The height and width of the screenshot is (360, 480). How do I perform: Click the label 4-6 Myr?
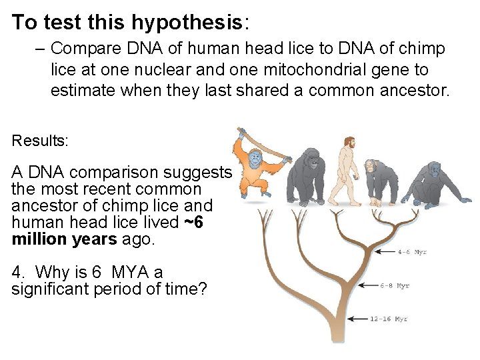click(x=412, y=252)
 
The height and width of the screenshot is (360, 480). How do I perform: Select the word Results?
click(x=38, y=141)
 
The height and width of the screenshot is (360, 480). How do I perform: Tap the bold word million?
click(x=40, y=239)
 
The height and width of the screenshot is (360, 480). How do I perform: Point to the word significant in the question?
click(x=47, y=289)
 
